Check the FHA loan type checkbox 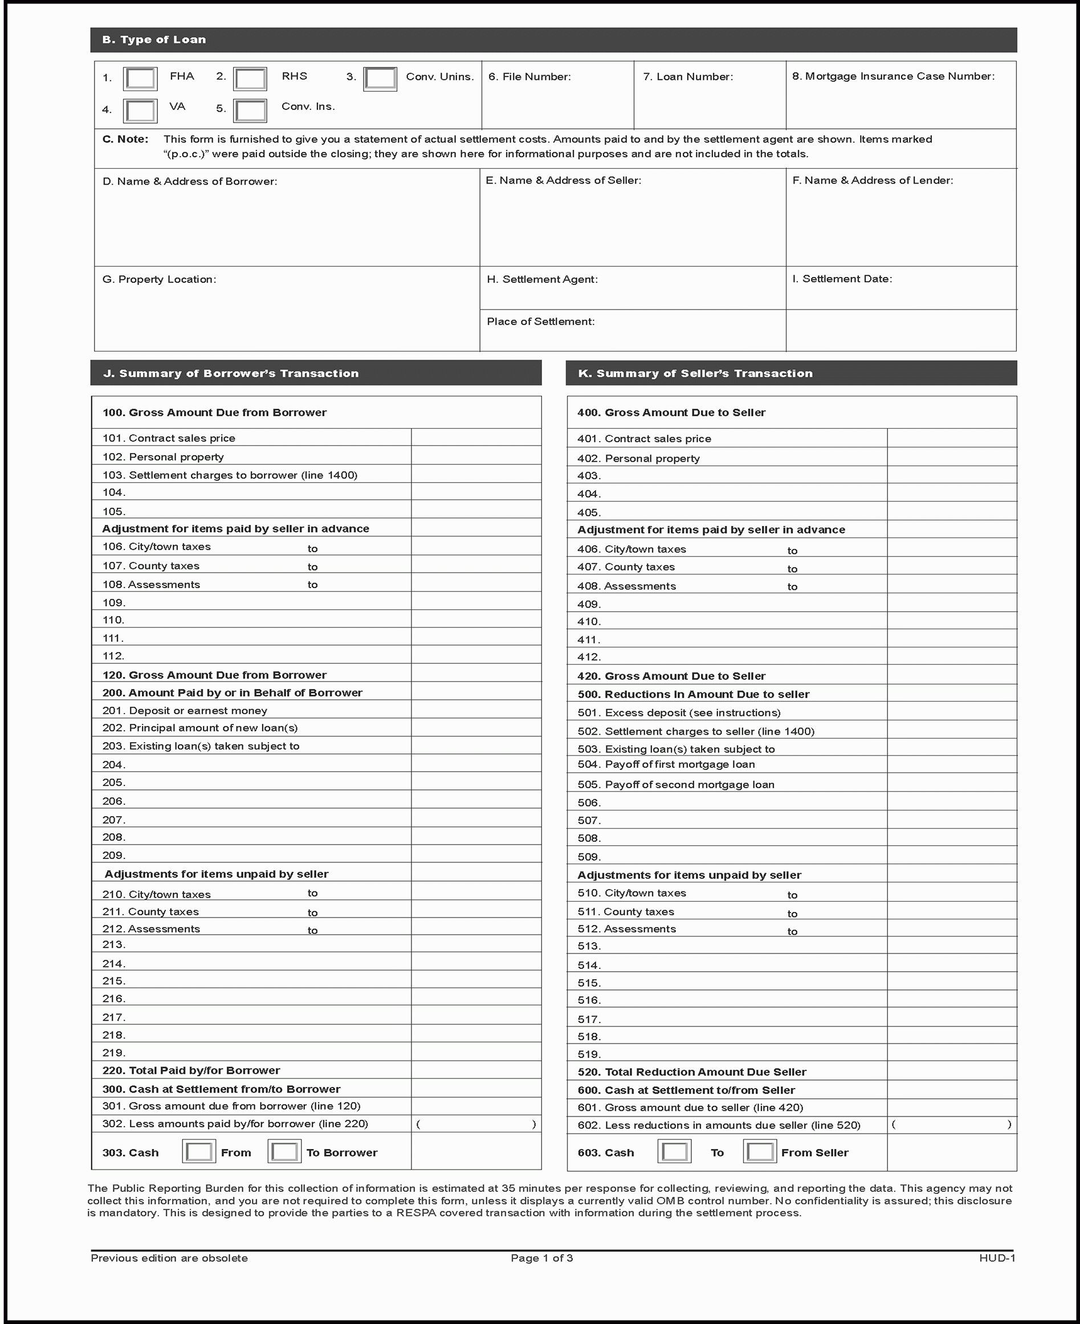click(140, 79)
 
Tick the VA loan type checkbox click(140, 111)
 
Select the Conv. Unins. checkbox click(380, 79)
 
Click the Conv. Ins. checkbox click(250, 111)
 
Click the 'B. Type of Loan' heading click(154, 40)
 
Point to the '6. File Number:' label click(529, 76)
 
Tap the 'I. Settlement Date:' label click(842, 279)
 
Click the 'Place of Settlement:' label click(540, 321)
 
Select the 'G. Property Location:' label click(159, 279)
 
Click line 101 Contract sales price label click(169, 438)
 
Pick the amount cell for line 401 click(951, 438)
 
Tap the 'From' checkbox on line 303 click(199, 1152)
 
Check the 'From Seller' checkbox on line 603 click(760, 1152)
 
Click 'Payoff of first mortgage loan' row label click(666, 765)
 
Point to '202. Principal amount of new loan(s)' click(199, 728)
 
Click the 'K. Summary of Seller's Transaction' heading click(695, 373)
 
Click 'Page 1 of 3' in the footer click(541, 1258)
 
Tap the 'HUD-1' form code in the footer click(997, 1258)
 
